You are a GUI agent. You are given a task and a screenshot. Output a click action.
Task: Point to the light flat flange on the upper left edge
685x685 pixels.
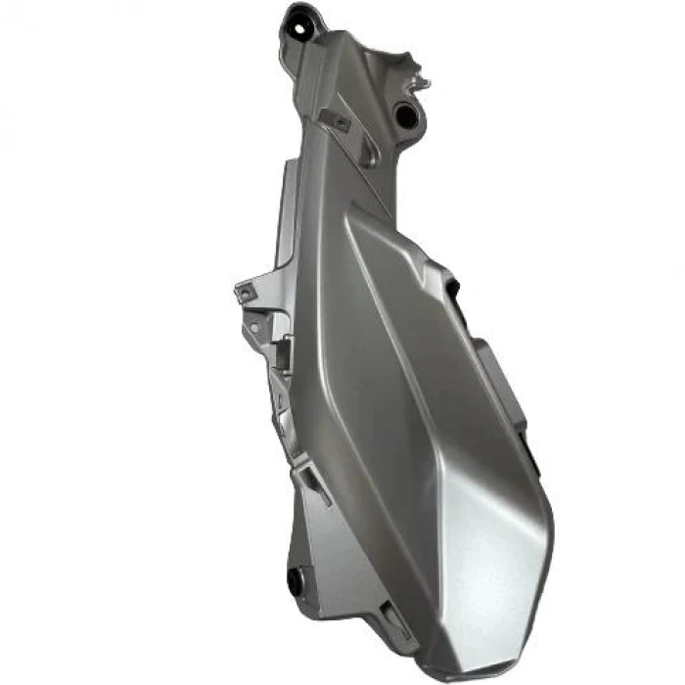pos(287,210)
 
